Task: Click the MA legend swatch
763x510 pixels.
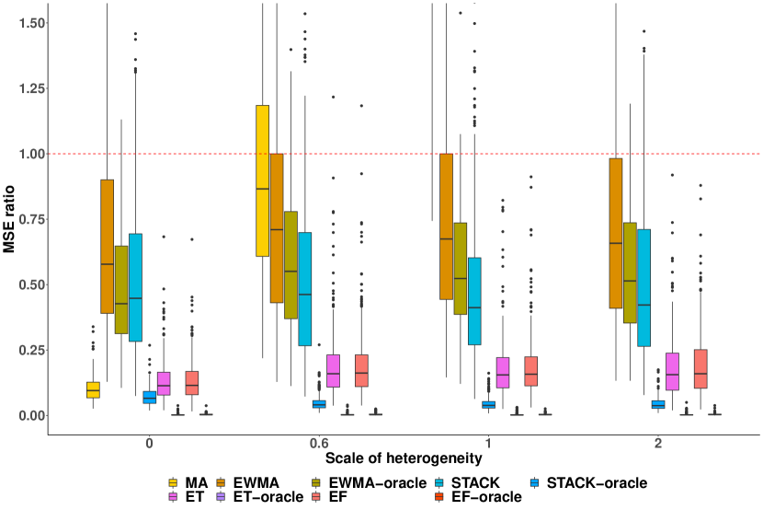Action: tap(172, 481)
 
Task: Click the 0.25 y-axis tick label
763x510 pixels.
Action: tap(27, 350)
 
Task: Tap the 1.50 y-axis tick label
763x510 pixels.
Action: tap(27, 23)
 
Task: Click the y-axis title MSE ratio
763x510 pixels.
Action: tap(9, 218)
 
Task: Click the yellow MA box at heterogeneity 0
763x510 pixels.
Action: tap(93, 389)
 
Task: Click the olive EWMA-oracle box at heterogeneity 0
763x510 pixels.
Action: tap(121, 290)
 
